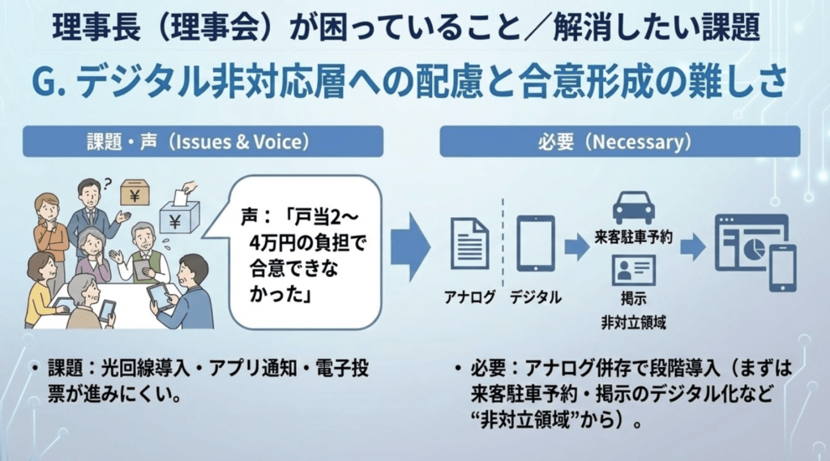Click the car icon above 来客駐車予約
tap(634, 207)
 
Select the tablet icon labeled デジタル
tap(535, 243)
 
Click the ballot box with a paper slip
tap(181, 213)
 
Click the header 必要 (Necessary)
tap(620, 142)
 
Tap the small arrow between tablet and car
tap(576, 246)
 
